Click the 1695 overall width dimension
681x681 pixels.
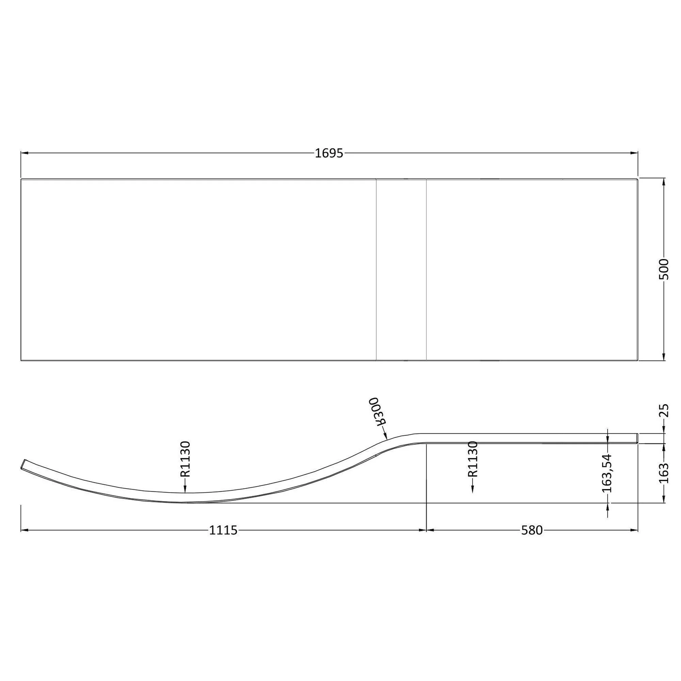[329, 153]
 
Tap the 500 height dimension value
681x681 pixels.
[664, 269]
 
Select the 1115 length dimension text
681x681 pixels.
[223, 530]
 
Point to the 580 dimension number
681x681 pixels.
[532, 530]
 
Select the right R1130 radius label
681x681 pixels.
[473, 459]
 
